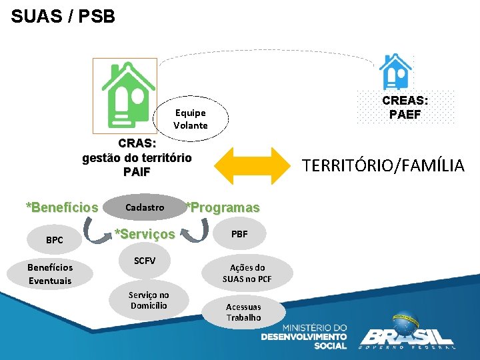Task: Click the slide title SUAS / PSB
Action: (63, 16)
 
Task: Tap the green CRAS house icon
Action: (125, 93)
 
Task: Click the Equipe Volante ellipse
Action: (191, 119)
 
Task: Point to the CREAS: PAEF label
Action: (405, 107)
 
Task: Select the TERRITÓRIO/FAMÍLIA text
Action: (383, 165)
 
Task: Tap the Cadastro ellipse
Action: (145, 207)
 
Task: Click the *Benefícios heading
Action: (62, 207)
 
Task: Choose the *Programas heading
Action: (222, 207)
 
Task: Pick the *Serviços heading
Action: (145, 234)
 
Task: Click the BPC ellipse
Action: (55, 239)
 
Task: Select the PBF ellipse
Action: (239, 234)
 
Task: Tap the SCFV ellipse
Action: (145, 261)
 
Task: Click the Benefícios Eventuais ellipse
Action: (50, 274)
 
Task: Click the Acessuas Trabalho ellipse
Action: (243, 312)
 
